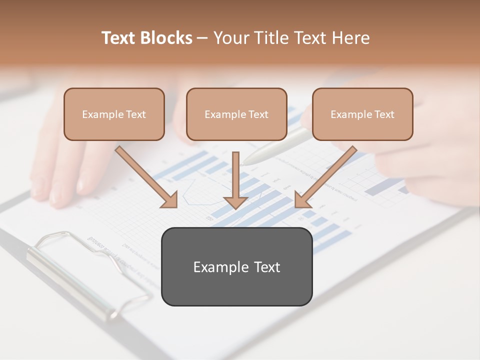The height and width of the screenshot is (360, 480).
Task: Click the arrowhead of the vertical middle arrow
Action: (x=235, y=202)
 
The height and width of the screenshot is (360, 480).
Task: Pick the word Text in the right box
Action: (x=384, y=114)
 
